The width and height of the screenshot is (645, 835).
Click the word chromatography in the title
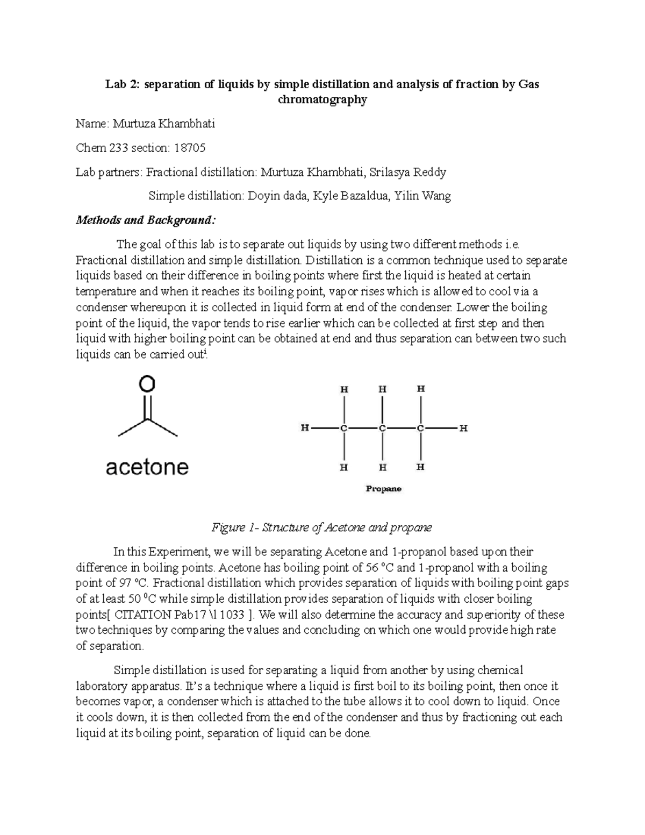[322, 99]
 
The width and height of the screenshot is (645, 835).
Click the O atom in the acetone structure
[147, 384]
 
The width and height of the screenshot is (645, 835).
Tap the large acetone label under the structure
[147, 467]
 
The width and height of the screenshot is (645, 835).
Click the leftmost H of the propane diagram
[305, 429]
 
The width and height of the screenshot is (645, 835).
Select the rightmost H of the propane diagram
[463, 429]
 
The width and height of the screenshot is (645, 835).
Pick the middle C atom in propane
[382, 429]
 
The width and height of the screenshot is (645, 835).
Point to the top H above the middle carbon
[382, 389]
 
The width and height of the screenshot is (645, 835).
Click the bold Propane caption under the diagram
[383, 489]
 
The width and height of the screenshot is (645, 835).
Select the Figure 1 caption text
[322, 527]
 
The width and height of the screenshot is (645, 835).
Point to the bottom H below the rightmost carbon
[421, 467]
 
